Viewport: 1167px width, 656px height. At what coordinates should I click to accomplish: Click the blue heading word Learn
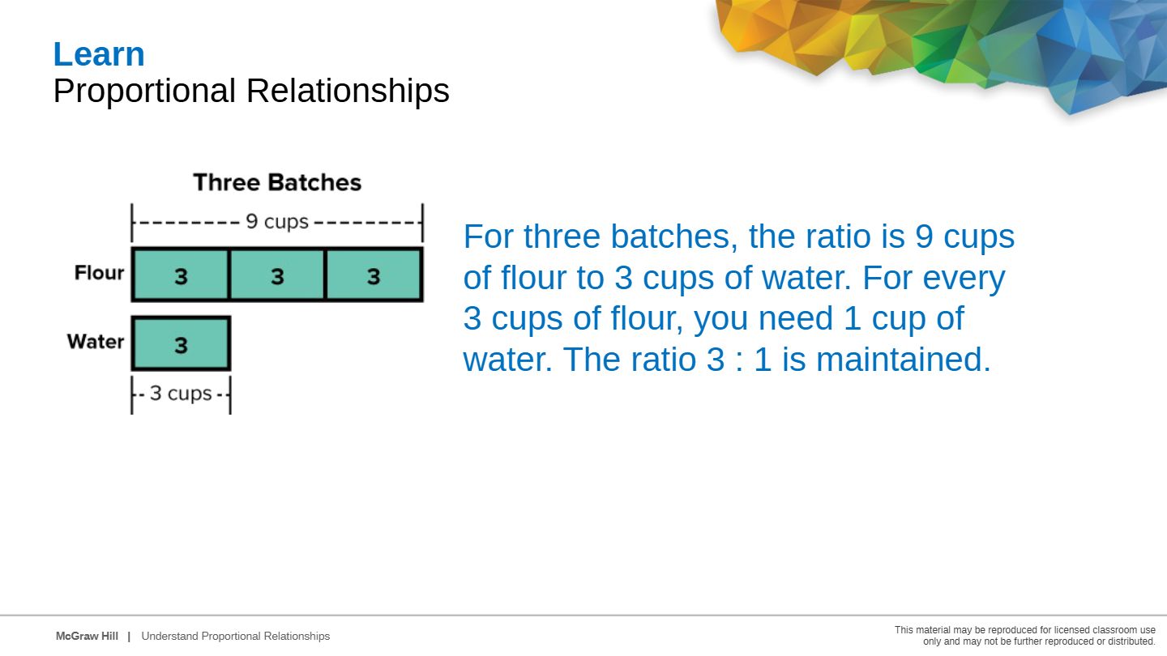(99, 54)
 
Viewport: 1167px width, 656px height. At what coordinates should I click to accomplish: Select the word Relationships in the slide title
(348, 91)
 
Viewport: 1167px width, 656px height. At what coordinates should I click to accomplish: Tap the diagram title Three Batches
(277, 182)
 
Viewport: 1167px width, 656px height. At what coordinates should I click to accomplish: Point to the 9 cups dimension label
(277, 222)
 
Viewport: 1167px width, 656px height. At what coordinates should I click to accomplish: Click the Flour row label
(99, 272)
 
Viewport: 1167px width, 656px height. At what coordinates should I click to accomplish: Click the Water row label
(96, 342)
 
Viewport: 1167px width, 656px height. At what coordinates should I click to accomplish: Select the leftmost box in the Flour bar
(180, 275)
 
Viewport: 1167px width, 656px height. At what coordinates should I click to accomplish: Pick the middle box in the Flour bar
(277, 275)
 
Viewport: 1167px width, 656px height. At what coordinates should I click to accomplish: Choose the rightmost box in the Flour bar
(374, 275)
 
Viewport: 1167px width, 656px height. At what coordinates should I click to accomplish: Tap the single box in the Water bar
(181, 343)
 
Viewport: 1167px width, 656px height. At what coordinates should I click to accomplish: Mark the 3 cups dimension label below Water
(181, 394)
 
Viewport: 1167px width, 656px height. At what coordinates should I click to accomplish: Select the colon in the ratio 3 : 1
(739, 361)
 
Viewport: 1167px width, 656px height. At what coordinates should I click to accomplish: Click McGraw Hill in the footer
(87, 637)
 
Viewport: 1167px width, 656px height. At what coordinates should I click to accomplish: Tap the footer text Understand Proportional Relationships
(236, 637)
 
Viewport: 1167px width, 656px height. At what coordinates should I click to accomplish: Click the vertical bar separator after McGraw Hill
(129, 637)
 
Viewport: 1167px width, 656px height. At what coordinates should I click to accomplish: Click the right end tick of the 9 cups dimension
(422, 222)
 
